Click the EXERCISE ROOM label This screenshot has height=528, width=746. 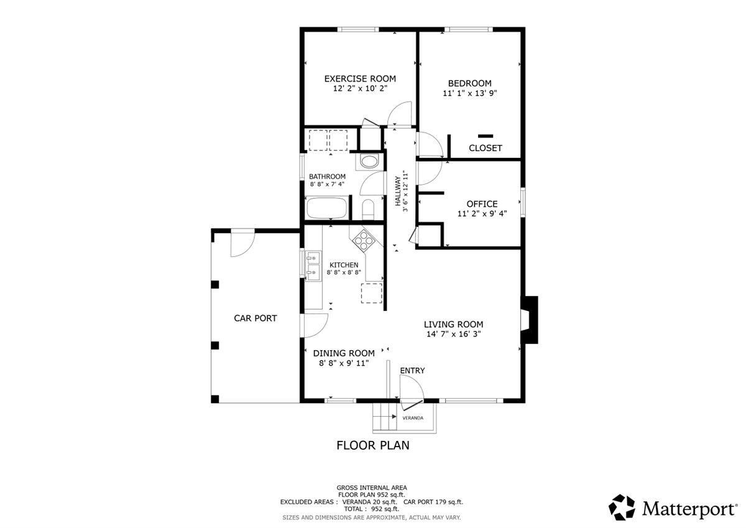coord(360,78)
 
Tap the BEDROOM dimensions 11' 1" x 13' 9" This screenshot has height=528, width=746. coord(469,93)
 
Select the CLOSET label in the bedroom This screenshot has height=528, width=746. coord(485,148)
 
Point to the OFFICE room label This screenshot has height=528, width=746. coord(482,204)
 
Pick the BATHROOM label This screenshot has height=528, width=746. coord(327,177)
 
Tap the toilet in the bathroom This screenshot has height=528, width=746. coord(367,209)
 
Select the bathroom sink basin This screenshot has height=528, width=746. coord(369,162)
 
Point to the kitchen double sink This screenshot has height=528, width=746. coord(312,264)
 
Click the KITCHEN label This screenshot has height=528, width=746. coord(344,265)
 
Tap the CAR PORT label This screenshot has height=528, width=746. coord(255,318)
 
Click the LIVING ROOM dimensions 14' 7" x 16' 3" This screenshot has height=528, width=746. coord(453,334)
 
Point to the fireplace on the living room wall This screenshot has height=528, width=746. coord(530,319)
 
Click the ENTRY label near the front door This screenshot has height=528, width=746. coord(412,371)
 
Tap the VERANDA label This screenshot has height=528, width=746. coord(413,418)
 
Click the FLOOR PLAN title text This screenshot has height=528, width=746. coord(372,445)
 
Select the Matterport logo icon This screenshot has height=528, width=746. coord(622,507)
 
